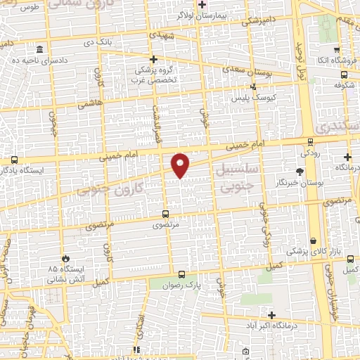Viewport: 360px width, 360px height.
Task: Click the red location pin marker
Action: tap(181, 165)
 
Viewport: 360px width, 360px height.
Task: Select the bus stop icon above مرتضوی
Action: tap(166, 214)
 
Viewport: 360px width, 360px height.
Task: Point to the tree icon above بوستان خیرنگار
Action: tap(300, 171)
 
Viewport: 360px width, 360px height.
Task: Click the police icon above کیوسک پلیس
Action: tap(254, 86)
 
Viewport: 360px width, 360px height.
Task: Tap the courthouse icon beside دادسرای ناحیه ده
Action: tap(39, 50)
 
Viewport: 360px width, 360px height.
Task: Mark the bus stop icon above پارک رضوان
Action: tap(182, 275)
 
